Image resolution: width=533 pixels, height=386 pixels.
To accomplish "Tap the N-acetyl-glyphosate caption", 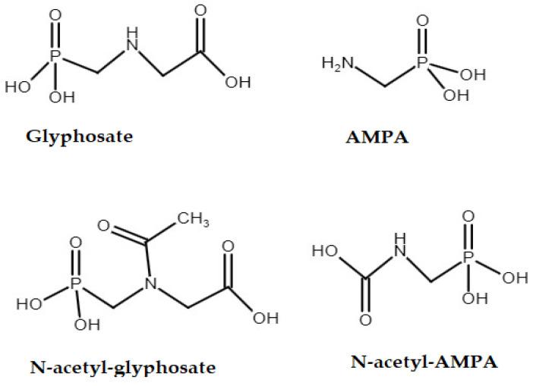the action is pyautogui.click(x=122, y=368).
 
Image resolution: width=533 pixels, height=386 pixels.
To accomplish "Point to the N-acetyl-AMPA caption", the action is pyautogui.click(x=424, y=361).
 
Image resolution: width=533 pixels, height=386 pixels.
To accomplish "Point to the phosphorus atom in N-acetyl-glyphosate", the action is pyautogui.click(x=75, y=284).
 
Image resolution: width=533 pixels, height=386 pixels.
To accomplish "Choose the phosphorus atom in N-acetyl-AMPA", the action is pyautogui.click(x=468, y=261).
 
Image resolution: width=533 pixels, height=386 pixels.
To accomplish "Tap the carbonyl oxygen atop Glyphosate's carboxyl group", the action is pyautogui.click(x=200, y=11).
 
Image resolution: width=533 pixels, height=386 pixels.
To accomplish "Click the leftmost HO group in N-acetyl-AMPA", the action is pyautogui.click(x=325, y=249).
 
